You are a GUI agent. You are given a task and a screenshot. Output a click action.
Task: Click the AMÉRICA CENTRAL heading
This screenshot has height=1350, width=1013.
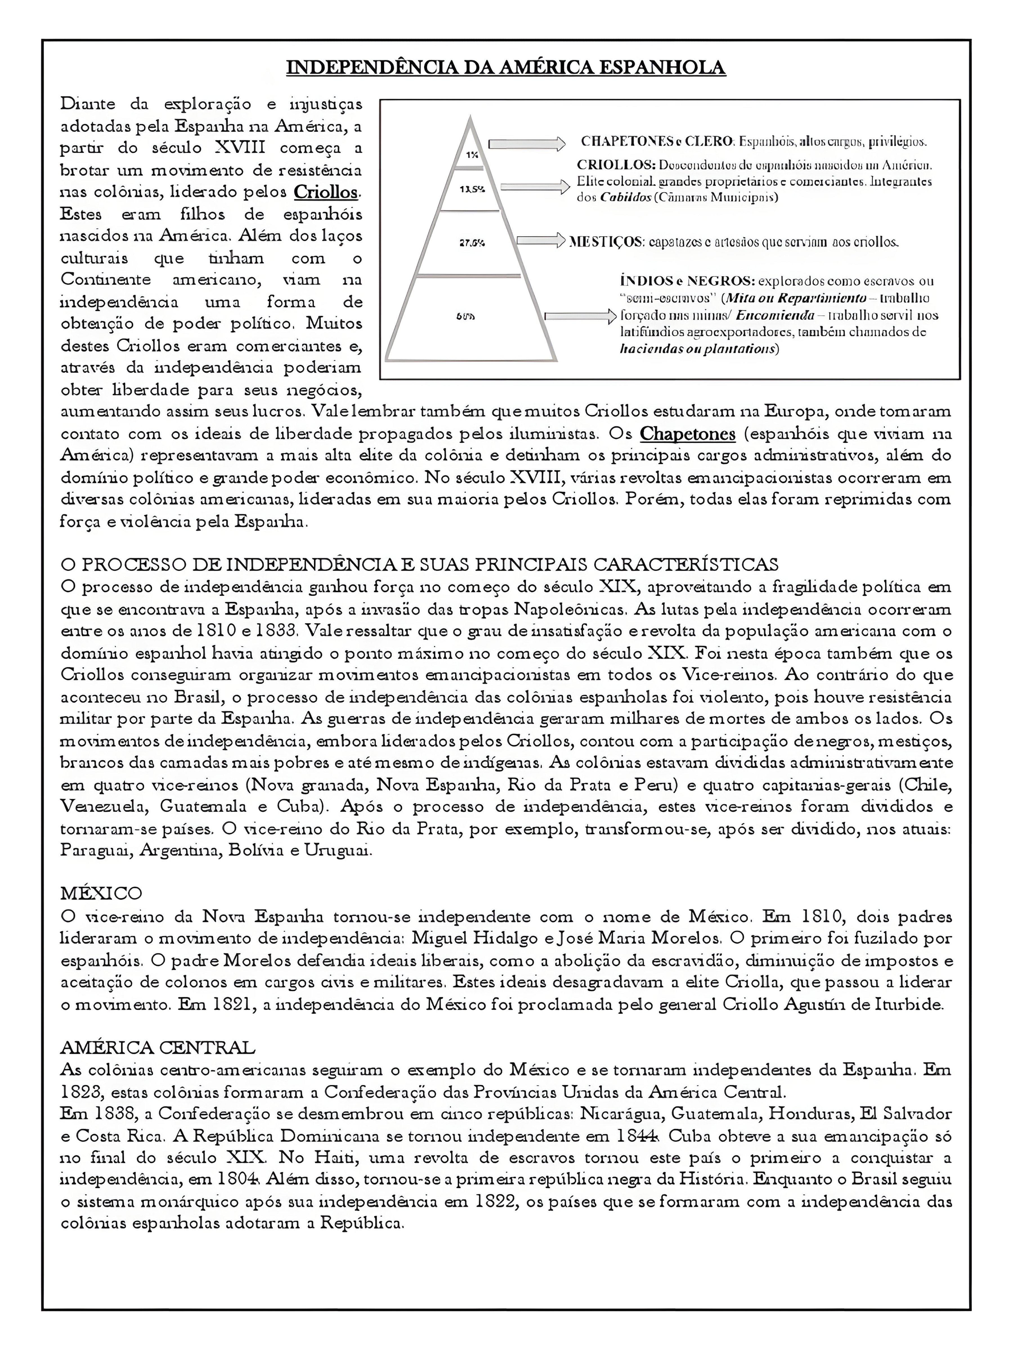point(158,1048)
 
